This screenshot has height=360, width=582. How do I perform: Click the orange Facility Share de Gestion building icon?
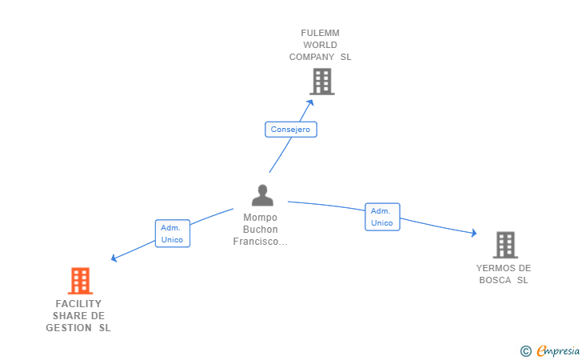tap(80, 281)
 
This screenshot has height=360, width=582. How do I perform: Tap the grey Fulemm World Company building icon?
tap(321, 82)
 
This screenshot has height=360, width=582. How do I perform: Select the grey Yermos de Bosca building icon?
tap(504, 245)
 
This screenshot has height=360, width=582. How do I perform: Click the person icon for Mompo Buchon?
tap(262, 195)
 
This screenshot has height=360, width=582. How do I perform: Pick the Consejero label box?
tap(291, 130)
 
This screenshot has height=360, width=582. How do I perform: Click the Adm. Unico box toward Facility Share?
tap(172, 233)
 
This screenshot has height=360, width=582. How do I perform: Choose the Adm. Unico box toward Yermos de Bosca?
tap(382, 217)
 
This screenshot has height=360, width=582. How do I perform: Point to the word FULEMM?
tap(320, 33)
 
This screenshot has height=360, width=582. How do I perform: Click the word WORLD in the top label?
tap(320, 45)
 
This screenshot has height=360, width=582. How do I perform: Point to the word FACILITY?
tap(78, 304)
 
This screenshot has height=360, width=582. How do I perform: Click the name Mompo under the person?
tap(260, 217)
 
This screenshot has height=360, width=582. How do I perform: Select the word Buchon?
tap(260, 229)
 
